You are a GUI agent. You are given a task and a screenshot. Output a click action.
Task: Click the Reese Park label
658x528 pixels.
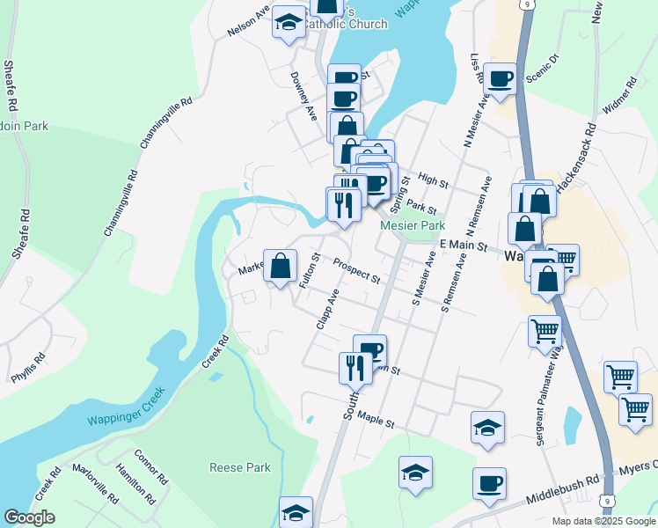[240, 467]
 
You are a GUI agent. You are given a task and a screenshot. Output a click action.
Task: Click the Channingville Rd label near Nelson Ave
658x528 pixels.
[166, 123]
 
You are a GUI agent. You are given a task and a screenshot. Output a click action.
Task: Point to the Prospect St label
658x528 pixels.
[356, 271]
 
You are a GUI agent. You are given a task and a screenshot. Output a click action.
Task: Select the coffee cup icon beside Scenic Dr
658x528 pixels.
[501, 79]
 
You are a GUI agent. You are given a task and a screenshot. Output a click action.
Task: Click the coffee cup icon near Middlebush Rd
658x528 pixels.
[489, 483]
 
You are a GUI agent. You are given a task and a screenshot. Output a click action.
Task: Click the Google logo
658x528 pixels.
[29, 517]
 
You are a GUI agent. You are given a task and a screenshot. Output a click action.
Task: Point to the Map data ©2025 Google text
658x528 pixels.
[603, 520]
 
